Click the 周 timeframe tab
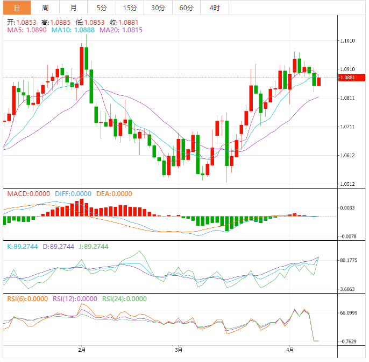click(45, 8)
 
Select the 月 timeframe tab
click(73, 8)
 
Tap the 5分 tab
click(101, 8)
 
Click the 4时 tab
click(214, 8)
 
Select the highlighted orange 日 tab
click(17, 8)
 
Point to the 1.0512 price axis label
click(348, 184)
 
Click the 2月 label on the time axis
click(82, 350)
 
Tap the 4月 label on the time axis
click(290, 350)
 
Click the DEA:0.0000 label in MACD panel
click(113, 194)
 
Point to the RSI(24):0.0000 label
click(124, 298)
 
